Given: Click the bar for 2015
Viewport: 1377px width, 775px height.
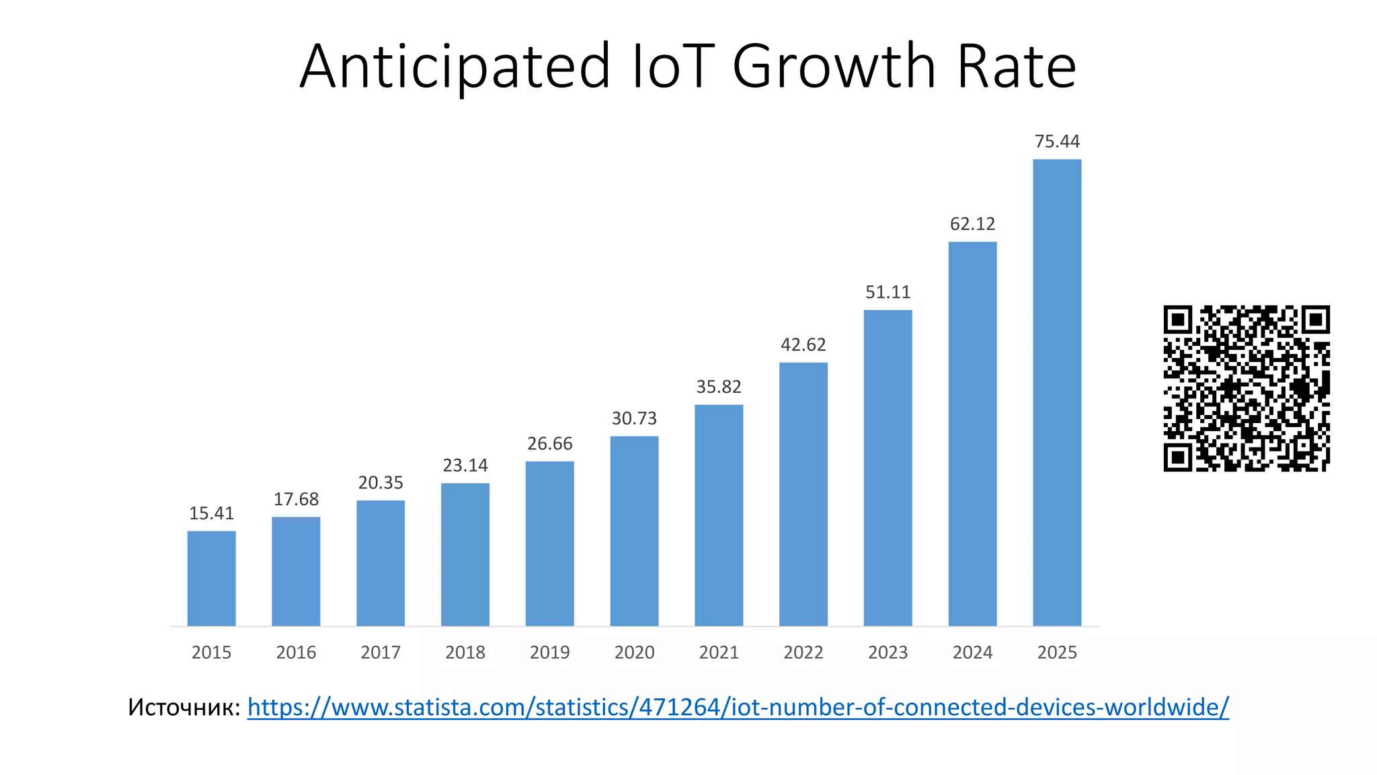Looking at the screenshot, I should tap(211, 579).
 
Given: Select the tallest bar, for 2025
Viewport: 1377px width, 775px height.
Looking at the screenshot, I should tap(1057, 393).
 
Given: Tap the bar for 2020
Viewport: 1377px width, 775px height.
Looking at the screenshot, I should tap(634, 531).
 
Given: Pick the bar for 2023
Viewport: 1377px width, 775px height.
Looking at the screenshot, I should tap(888, 468).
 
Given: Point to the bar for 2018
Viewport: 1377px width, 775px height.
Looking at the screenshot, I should tap(465, 554).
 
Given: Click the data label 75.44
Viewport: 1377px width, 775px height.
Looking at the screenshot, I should tap(1057, 141).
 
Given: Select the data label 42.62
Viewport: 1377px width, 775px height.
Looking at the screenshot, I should tap(803, 344).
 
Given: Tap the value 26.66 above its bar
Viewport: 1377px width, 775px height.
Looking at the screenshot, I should tap(549, 443).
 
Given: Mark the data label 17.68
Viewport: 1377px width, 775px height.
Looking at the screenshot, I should tap(296, 499).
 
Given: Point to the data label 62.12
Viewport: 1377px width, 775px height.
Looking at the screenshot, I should tap(972, 223).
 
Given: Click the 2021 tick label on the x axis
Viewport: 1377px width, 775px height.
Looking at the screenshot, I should tap(719, 652).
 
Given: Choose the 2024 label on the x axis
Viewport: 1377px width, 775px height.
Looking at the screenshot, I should tap(972, 652).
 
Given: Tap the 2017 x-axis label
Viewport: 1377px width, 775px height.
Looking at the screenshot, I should tap(381, 652).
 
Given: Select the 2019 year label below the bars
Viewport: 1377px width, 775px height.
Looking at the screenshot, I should tap(549, 652).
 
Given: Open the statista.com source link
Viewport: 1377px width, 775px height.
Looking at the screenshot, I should tap(738, 707).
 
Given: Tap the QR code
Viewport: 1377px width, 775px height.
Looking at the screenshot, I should tap(1247, 388).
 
